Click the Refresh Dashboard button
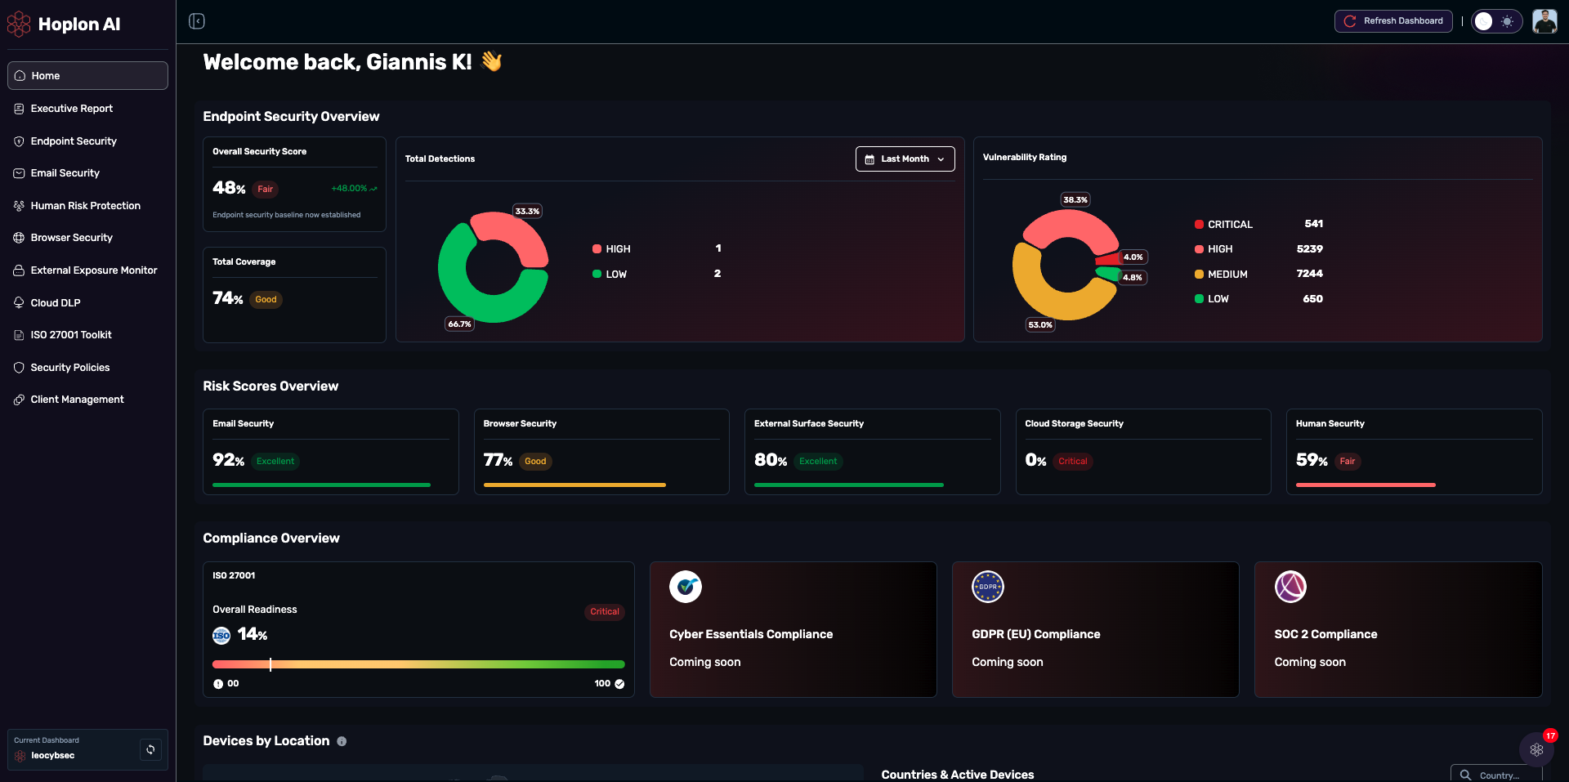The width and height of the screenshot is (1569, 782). (x=1393, y=21)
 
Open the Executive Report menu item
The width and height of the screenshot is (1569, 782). (x=72, y=109)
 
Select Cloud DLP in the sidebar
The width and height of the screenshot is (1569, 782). (x=56, y=303)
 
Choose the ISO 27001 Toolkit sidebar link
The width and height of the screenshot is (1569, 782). (x=71, y=335)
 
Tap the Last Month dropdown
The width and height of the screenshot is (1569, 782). (x=905, y=159)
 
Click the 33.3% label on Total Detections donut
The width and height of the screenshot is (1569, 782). (x=527, y=212)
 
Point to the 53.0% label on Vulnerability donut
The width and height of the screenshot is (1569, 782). (x=1040, y=325)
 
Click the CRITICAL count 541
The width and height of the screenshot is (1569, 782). (x=1313, y=224)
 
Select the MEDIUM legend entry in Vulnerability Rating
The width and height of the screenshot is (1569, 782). (x=1227, y=275)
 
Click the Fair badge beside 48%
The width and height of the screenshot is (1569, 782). (x=266, y=190)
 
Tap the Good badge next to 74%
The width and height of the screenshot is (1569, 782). (x=266, y=300)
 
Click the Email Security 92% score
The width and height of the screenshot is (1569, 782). (x=228, y=461)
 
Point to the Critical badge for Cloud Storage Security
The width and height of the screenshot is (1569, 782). (x=1072, y=462)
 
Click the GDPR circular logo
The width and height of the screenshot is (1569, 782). (x=987, y=587)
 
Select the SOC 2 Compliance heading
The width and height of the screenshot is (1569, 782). (x=1325, y=635)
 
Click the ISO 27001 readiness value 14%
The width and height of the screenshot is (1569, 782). (x=252, y=635)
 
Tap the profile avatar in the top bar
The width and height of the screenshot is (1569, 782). (x=1544, y=21)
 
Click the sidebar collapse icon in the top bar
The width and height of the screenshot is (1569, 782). (x=197, y=21)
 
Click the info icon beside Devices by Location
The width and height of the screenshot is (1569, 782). (x=342, y=742)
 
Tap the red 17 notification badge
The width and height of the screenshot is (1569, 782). (x=1550, y=735)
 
